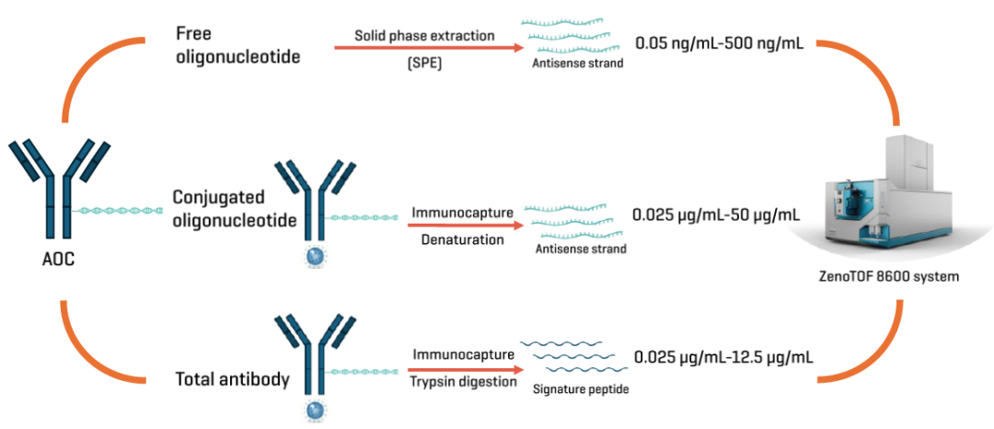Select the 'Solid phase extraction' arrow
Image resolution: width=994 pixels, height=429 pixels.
[x=429, y=48]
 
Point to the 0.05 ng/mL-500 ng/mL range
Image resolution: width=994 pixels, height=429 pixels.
[x=720, y=43]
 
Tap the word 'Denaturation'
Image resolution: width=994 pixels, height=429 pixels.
[x=458, y=240]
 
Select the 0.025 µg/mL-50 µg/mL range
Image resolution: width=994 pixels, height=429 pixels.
[x=716, y=214]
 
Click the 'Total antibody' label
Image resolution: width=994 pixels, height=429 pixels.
[x=233, y=380]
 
